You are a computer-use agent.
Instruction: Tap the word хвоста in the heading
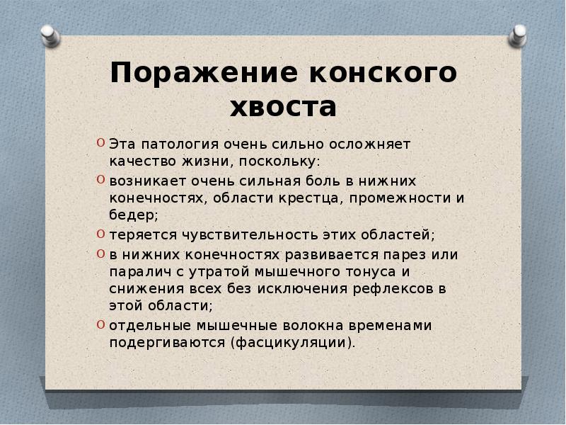coord(283,108)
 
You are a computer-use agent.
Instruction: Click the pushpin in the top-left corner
coord(50,35)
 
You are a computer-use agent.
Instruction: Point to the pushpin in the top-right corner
coord(519,35)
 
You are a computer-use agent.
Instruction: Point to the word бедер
coord(133,215)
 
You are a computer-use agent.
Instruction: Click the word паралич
coord(137,271)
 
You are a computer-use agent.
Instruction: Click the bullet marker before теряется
coord(102,234)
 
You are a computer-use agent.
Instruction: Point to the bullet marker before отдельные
coord(102,325)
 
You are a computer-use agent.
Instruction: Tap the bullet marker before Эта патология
coord(102,142)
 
